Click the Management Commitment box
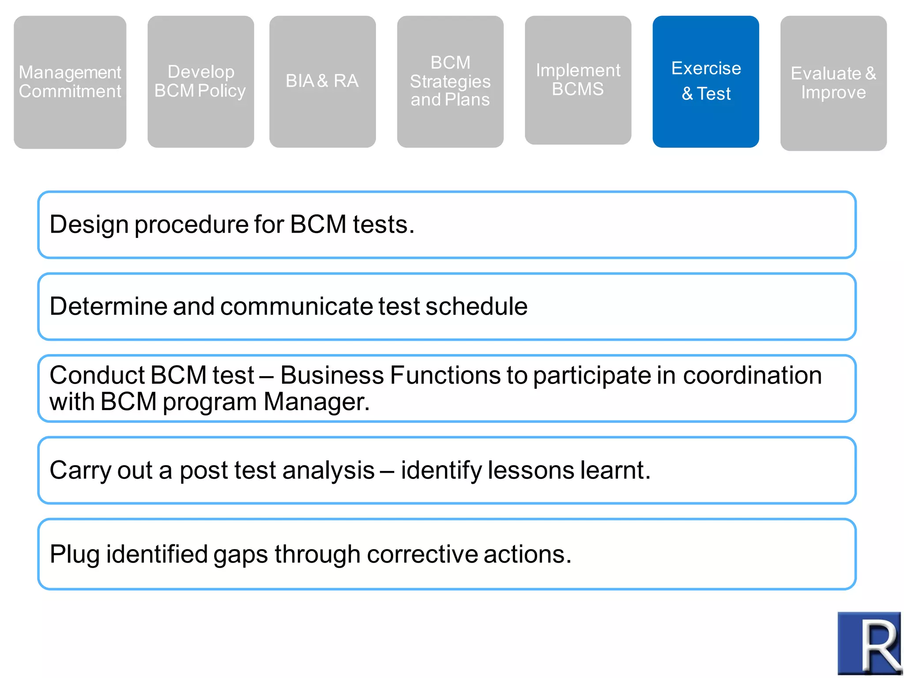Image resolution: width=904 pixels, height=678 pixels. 70,82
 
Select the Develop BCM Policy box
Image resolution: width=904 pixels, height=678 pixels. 200,82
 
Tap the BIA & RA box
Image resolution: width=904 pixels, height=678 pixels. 322,82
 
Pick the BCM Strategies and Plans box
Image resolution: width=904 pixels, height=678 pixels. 450,82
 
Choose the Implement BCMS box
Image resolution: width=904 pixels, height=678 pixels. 577,80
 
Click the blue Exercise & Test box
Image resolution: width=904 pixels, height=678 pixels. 705,82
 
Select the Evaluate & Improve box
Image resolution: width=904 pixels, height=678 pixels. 833,83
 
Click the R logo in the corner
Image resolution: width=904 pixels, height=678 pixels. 869,643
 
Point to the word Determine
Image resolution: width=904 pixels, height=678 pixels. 108,306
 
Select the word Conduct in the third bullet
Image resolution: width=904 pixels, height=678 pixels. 97,375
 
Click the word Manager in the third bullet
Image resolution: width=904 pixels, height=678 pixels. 316,402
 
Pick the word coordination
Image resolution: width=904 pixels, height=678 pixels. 752,375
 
